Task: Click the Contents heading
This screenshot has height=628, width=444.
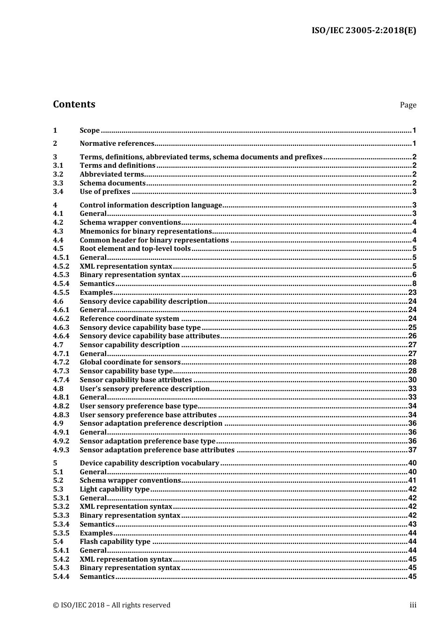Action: coord(74,104)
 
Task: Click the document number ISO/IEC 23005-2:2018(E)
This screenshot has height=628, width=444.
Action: coord(364,30)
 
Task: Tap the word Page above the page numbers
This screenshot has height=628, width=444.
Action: coord(408,105)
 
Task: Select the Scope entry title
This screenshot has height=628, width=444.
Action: coord(90,131)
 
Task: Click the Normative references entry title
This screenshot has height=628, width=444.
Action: coord(117,144)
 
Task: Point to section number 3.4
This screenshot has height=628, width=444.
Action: coord(58,192)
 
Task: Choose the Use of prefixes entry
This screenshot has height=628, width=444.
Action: coord(105,192)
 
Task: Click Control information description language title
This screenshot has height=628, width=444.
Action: coord(150,205)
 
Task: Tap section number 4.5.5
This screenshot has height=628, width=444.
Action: coord(61,293)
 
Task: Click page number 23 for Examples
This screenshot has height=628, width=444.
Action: coord(412,293)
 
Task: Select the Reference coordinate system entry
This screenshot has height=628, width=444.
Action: coord(129,319)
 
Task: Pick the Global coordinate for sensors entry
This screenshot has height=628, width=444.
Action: coord(130,362)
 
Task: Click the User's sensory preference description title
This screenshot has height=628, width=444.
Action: coord(144,389)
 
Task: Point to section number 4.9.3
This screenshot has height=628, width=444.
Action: coord(61,450)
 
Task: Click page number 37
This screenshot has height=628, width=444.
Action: coord(412,450)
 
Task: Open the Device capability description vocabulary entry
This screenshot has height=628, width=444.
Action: coord(149,463)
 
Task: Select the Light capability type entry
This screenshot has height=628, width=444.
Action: coord(115,489)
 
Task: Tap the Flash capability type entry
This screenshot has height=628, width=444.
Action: coord(115,542)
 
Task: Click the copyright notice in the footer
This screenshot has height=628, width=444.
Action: coord(112,605)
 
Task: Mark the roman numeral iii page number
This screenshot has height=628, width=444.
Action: coord(413,605)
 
